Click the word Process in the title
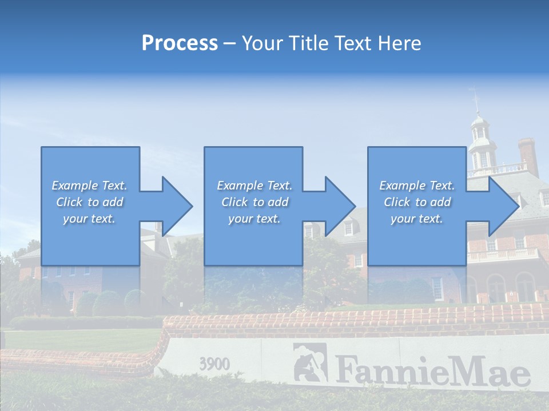180,43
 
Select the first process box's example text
89,202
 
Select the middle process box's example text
254,202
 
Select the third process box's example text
417,202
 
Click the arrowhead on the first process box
175,206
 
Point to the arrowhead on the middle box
339,206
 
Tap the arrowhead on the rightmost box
502,206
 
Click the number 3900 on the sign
214,364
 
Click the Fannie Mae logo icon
310,362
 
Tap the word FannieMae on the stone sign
432,370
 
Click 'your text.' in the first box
89,219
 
